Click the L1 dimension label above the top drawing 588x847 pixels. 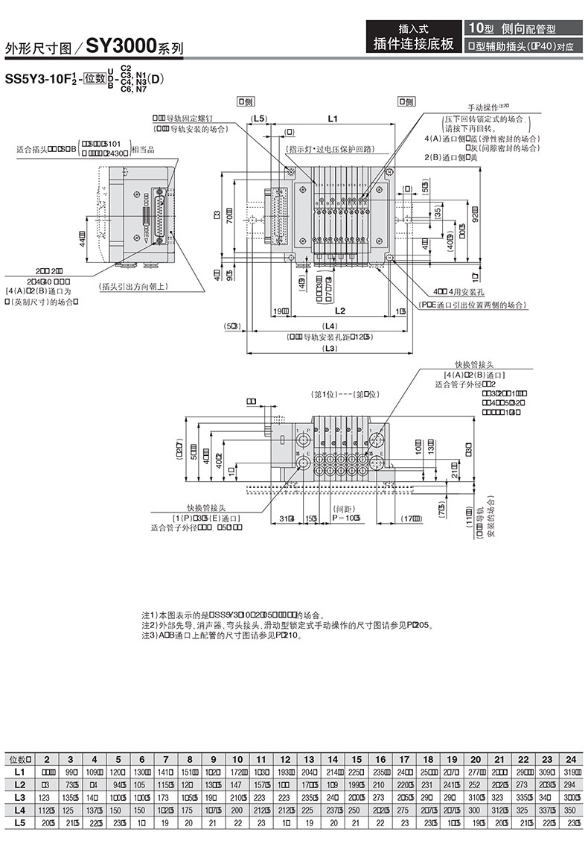(x=332, y=119)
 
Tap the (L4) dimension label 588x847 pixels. (x=327, y=326)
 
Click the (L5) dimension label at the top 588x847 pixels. (x=259, y=119)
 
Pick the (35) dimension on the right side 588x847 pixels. (x=438, y=212)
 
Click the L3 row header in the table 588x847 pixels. (x=19, y=797)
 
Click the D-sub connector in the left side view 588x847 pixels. (x=158, y=216)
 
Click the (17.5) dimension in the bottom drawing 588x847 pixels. (x=409, y=518)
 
